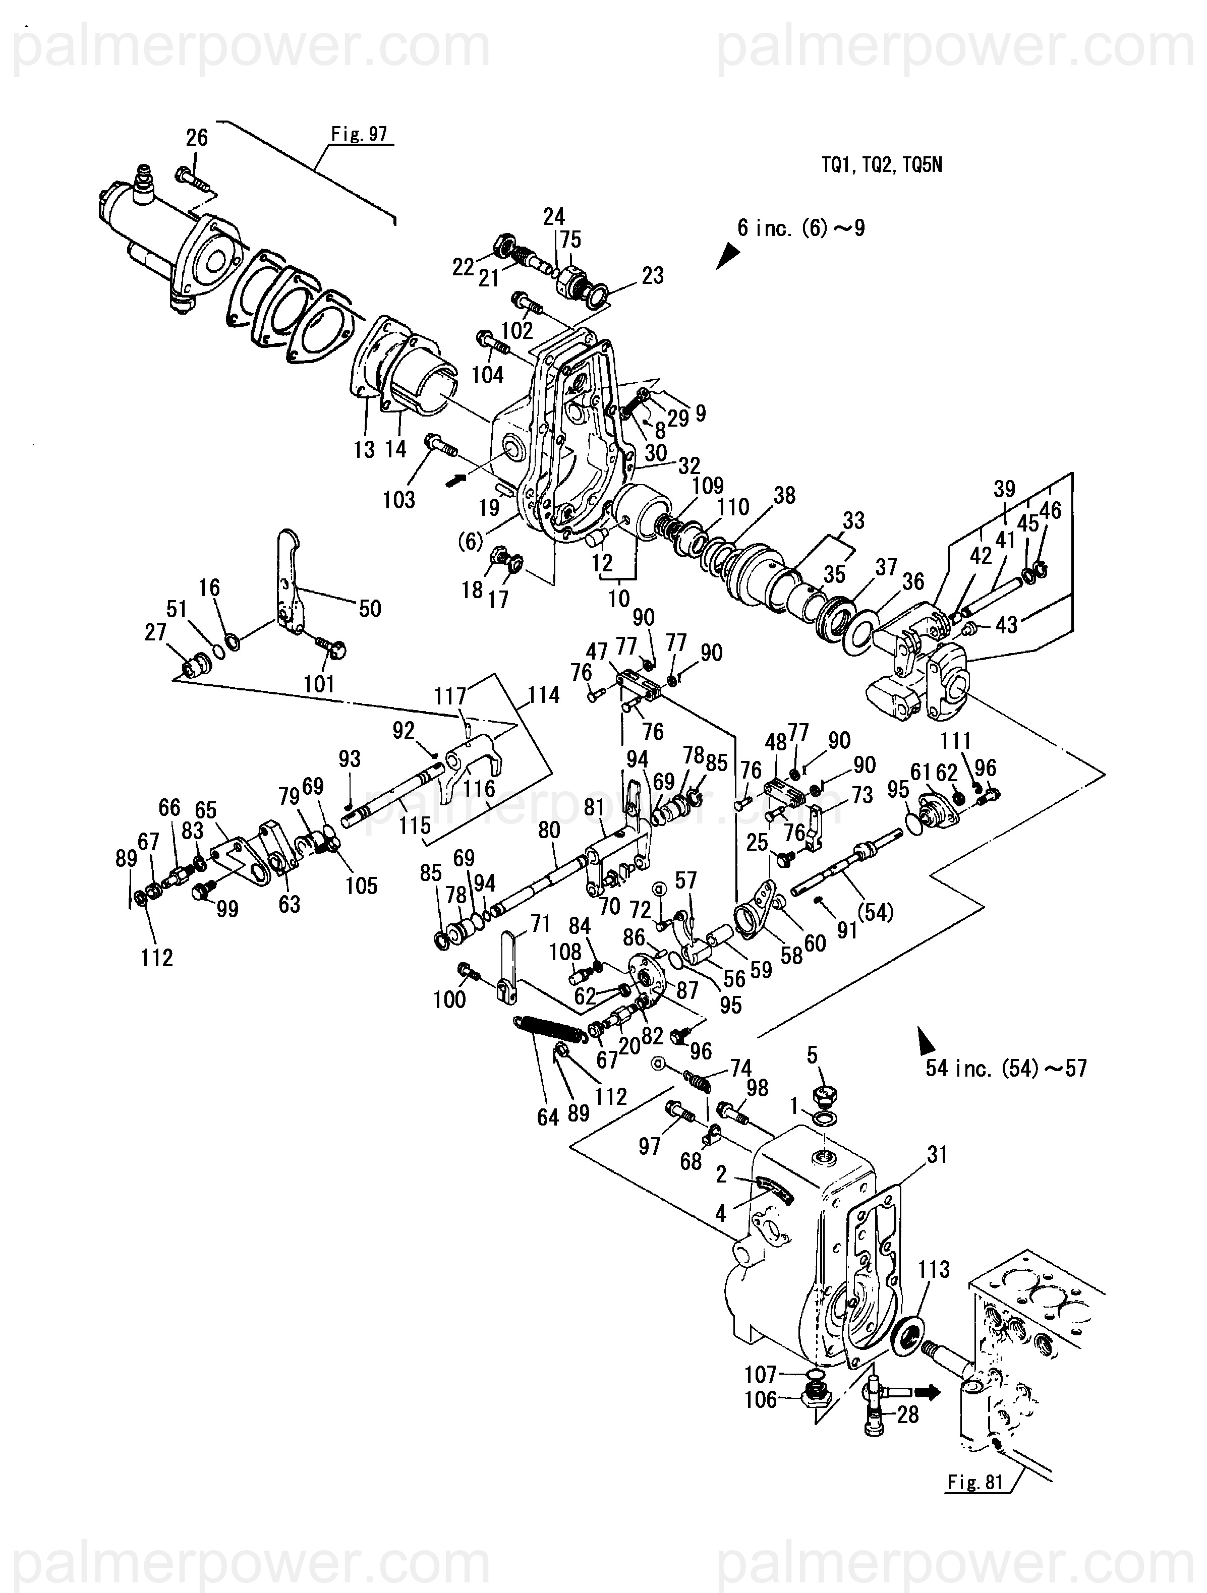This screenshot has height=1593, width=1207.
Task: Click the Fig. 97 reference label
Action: [x=359, y=134]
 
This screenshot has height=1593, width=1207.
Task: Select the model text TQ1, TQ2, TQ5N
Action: [x=882, y=165]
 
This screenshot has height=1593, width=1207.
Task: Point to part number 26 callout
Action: [x=197, y=138]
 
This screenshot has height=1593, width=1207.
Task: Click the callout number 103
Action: [x=398, y=499]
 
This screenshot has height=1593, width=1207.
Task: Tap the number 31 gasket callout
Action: [x=937, y=1154]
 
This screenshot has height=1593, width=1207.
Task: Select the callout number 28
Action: [x=908, y=1414]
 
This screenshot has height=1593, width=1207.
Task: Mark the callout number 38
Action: [x=784, y=496]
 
